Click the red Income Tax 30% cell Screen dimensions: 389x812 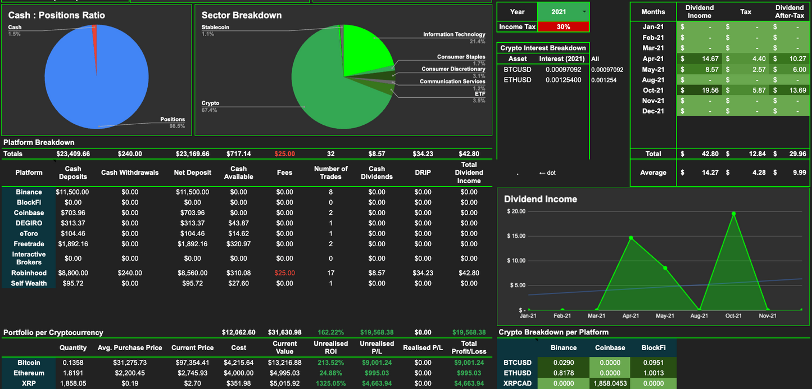pyautogui.click(x=563, y=26)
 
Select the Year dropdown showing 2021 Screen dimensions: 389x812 pyautogui.click(x=563, y=11)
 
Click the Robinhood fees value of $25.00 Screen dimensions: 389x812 pyautogui.click(x=284, y=273)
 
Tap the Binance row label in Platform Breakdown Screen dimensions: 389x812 pyautogui.click(x=29, y=192)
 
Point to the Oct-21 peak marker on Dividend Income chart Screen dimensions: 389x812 pyautogui.click(x=733, y=214)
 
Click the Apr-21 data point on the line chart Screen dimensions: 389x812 pyautogui.click(x=631, y=238)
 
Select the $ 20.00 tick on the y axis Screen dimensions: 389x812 pyautogui.click(x=516, y=211)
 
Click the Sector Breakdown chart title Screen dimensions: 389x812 pyautogui.click(x=242, y=15)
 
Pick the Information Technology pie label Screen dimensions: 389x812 pyautogui.click(x=454, y=34)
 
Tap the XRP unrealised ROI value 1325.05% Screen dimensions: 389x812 pyautogui.click(x=330, y=383)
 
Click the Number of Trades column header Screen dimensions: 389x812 pyautogui.click(x=330, y=173)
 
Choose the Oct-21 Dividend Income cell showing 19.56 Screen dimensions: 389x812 pyautogui.click(x=699, y=90)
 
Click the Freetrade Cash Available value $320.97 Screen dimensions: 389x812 pyautogui.click(x=238, y=244)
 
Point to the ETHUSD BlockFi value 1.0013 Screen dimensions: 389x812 pyautogui.click(x=653, y=373)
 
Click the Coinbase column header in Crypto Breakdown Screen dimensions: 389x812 pyautogui.click(x=610, y=347)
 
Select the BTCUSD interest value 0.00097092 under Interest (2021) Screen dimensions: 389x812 pyautogui.click(x=563, y=69)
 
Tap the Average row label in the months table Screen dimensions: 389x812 pyautogui.click(x=653, y=173)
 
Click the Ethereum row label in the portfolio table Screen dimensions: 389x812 pyautogui.click(x=29, y=373)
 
